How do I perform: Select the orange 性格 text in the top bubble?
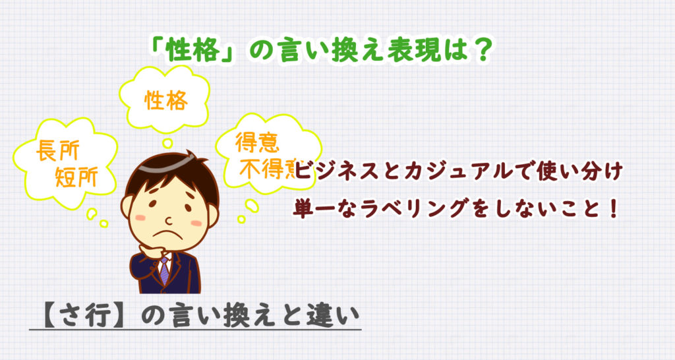pos(166,100)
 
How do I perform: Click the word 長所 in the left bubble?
pos(55,152)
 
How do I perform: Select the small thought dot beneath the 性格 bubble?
pos(167,142)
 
